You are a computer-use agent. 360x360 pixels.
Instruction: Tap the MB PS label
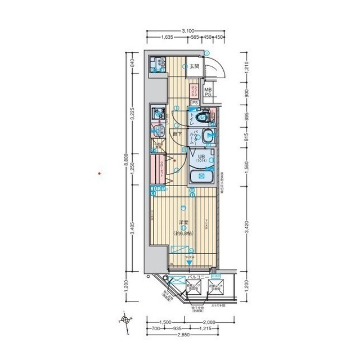(208, 92)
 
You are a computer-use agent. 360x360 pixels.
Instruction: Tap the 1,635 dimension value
(166, 38)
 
